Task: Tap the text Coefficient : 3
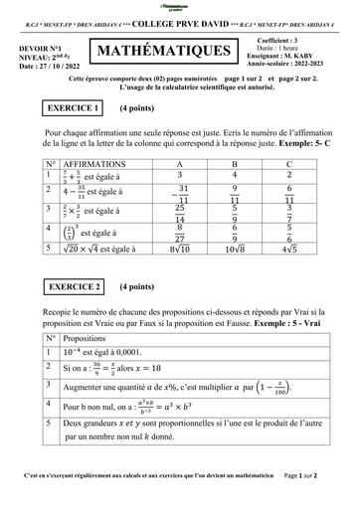(289, 40)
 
